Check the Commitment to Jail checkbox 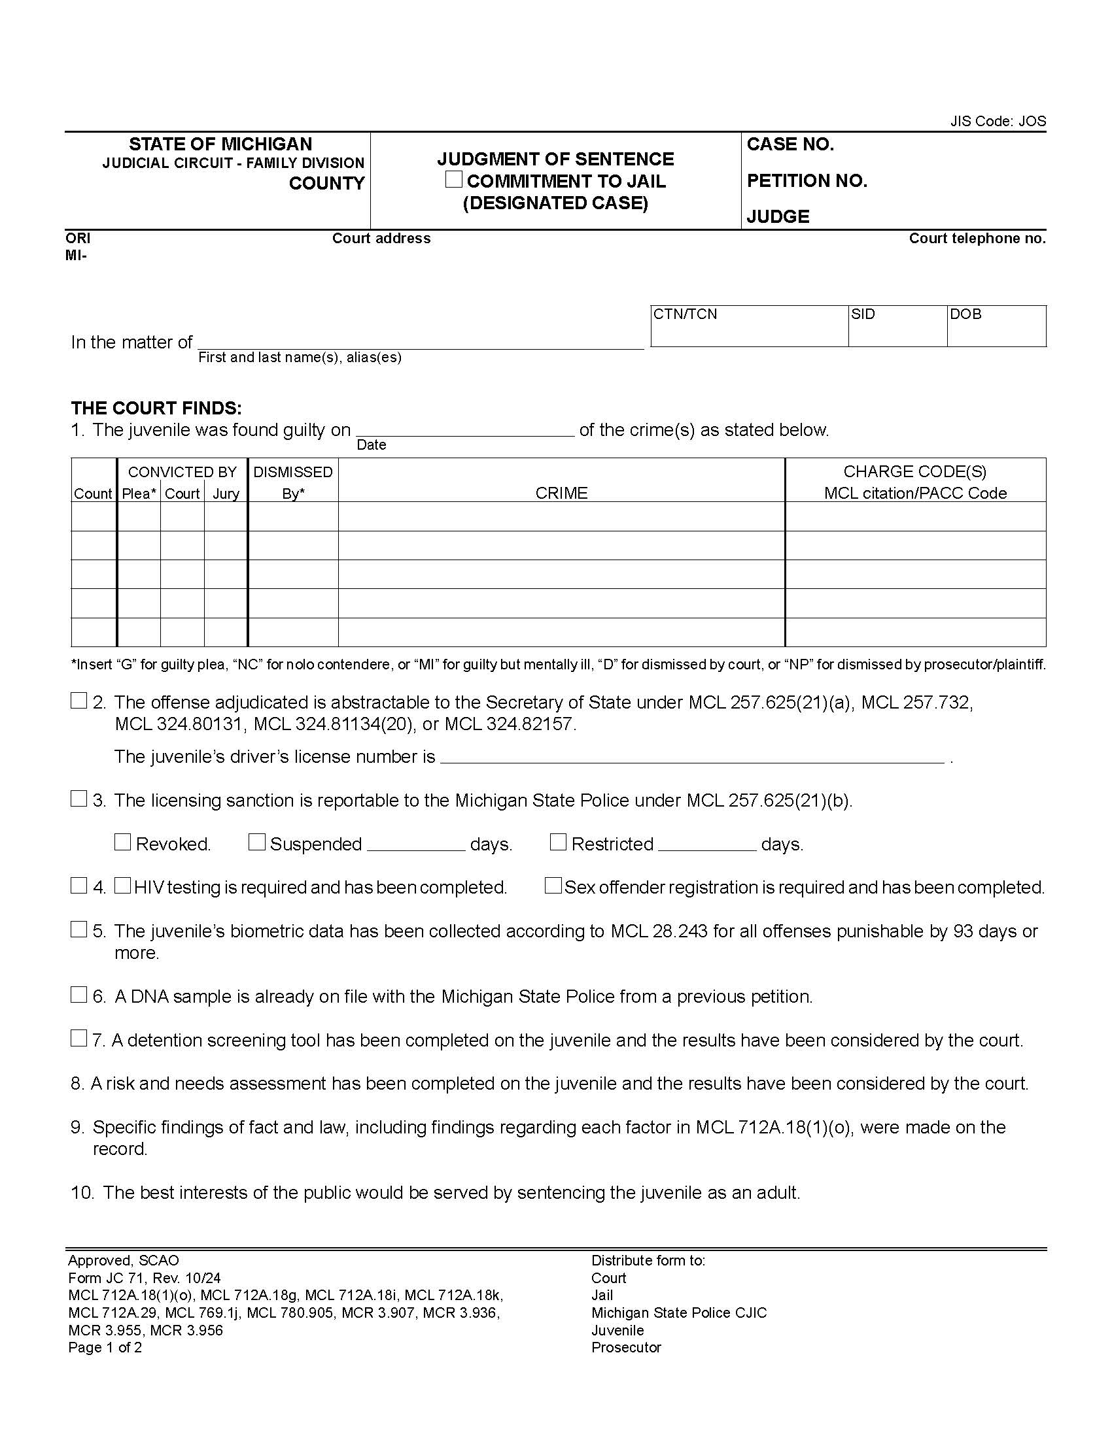tap(453, 179)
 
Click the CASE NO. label tap(790, 144)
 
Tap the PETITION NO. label tap(807, 180)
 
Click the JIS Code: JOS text tap(998, 121)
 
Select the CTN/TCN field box tap(749, 326)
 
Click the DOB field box tap(996, 326)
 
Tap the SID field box tap(897, 326)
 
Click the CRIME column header tap(561, 493)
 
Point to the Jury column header tap(226, 493)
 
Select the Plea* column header tap(139, 493)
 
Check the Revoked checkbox tap(122, 842)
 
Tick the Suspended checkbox tap(256, 842)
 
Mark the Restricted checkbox tap(558, 842)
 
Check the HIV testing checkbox tap(122, 886)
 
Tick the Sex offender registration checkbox tap(553, 886)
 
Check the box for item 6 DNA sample tap(78, 995)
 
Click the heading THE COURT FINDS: tap(156, 409)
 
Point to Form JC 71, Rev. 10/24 tap(145, 1278)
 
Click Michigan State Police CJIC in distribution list tap(678, 1313)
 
